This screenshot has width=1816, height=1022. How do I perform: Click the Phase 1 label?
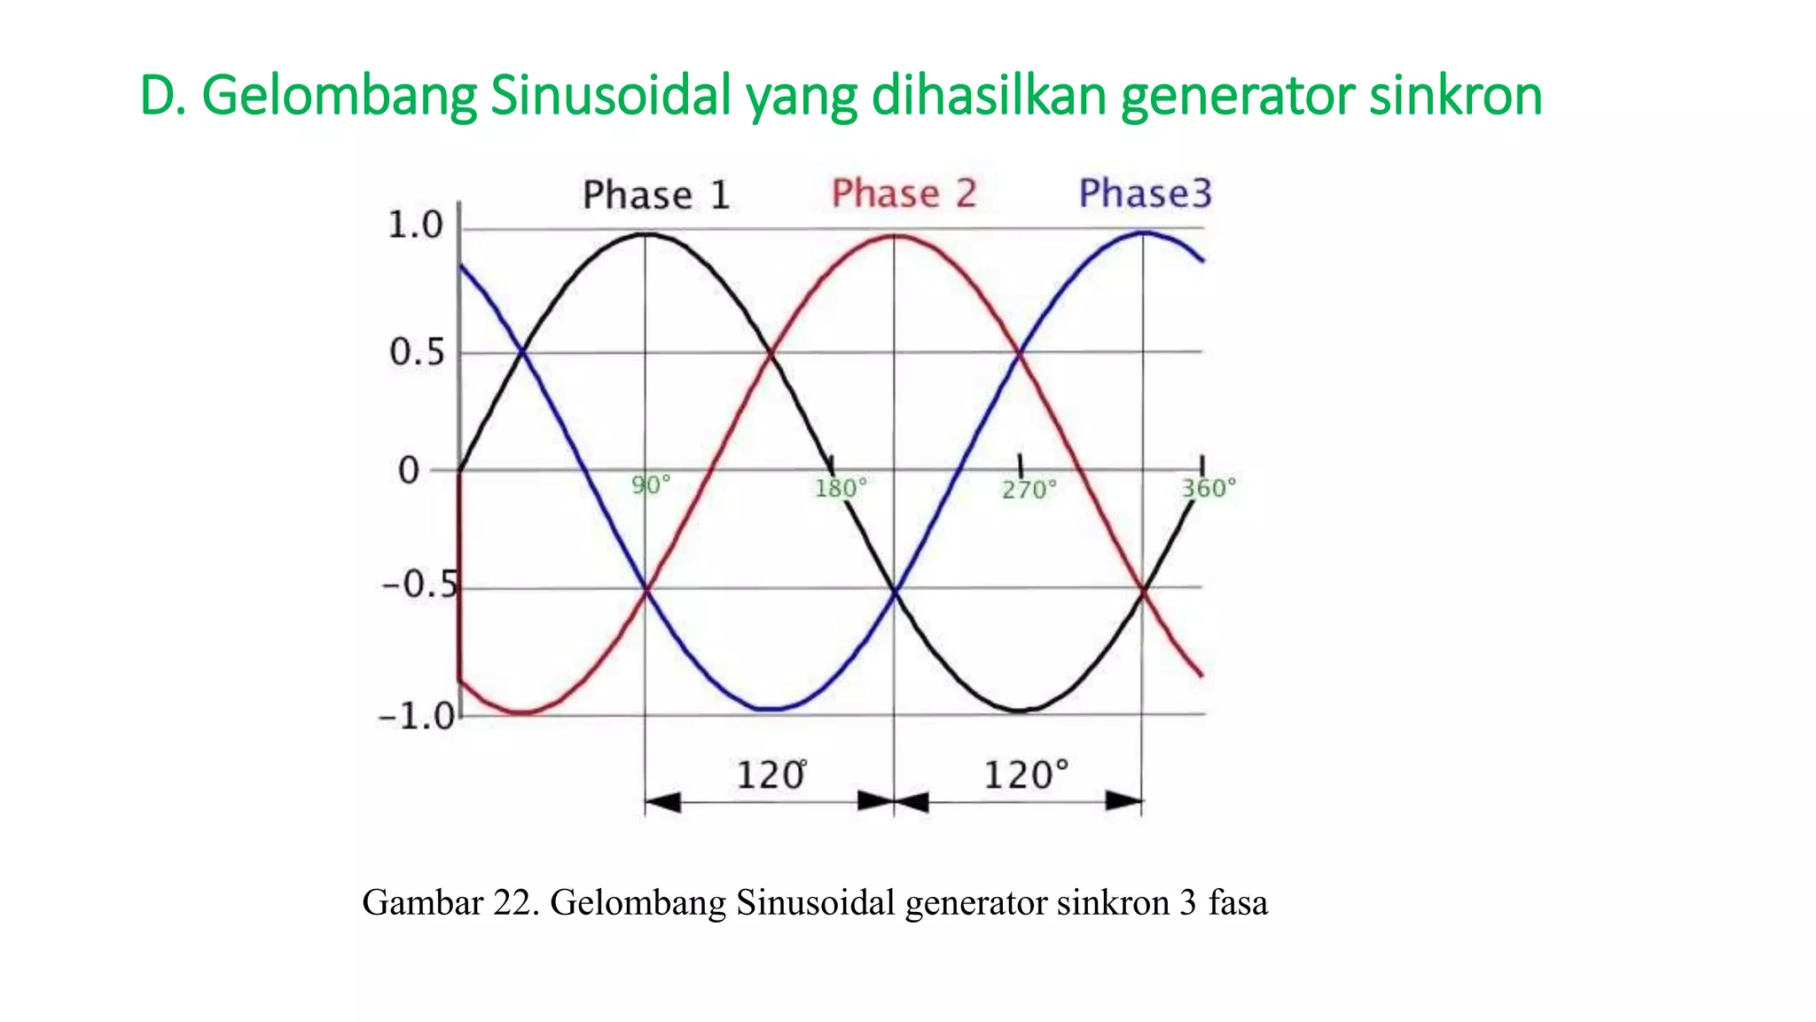click(x=655, y=195)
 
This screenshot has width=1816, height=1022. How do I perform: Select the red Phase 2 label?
click(x=904, y=193)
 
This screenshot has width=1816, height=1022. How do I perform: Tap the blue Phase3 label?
click(x=1144, y=193)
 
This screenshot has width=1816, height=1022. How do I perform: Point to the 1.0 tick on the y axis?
click(x=415, y=225)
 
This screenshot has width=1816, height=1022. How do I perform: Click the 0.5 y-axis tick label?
click(x=416, y=353)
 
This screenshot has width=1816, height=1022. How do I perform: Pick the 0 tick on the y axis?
click(x=408, y=471)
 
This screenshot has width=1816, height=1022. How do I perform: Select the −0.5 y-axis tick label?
click(x=420, y=585)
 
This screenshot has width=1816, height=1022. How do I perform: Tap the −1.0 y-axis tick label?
click(x=416, y=716)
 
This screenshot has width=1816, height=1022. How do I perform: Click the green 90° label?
click(x=651, y=485)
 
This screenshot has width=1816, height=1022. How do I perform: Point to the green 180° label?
click(x=840, y=488)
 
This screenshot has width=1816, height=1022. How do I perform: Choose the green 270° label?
click(x=1029, y=490)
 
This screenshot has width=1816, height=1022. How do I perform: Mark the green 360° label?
click(x=1208, y=488)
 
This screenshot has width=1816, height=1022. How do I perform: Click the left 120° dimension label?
click(x=771, y=775)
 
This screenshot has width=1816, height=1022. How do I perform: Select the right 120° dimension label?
click(x=1025, y=775)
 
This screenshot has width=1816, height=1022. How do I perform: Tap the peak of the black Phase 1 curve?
click(x=646, y=234)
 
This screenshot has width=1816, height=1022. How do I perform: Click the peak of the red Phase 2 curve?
click(x=896, y=236)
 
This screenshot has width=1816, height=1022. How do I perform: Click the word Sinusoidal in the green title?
click(x=611, y=95)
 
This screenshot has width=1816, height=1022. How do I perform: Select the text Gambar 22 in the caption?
click(x=449, y=903)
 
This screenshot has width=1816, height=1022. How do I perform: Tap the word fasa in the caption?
click(x=1238, y=903)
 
